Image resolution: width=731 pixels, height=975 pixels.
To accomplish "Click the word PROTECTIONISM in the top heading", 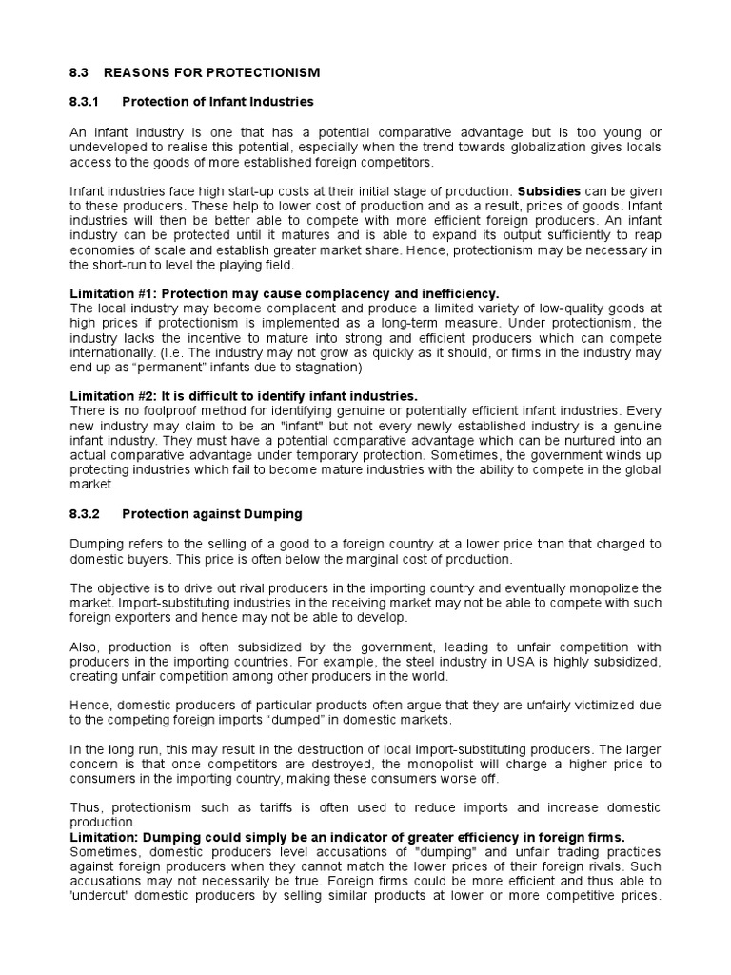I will tap(266, 72).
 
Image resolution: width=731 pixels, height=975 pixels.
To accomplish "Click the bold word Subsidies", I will tap(548, 190).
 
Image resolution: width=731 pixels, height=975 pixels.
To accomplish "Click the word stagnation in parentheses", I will tap(322, 367).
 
